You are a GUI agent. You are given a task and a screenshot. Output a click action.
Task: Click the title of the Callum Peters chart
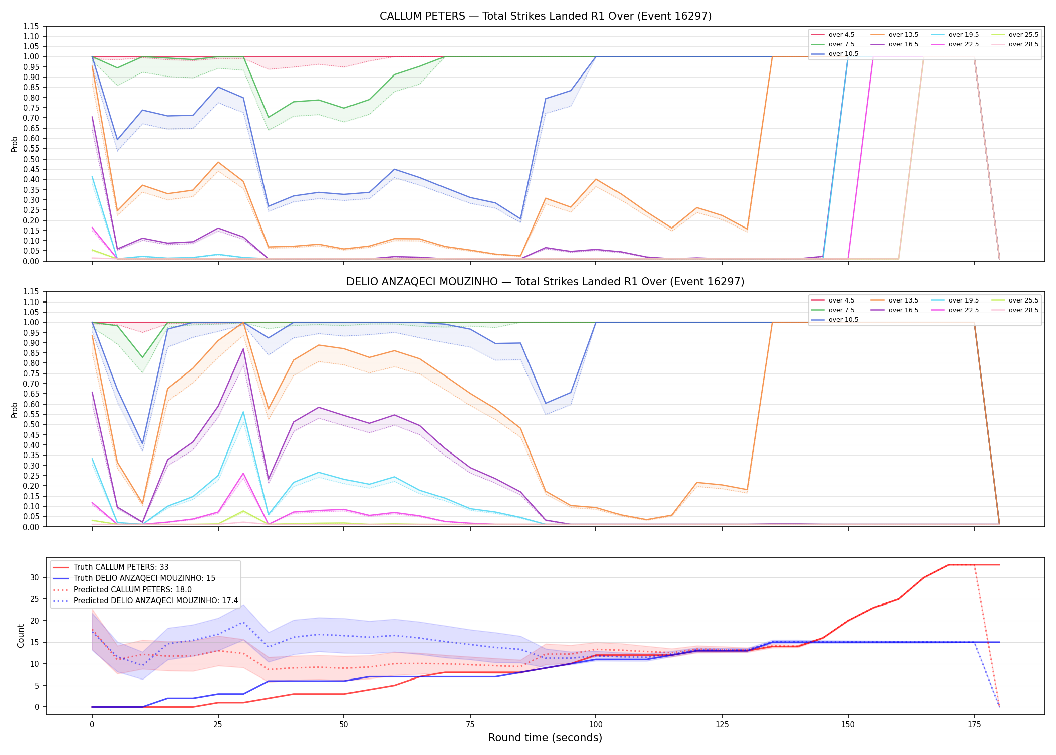(546, 16)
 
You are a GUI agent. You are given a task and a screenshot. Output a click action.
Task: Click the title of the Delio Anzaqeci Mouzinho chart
(546, 282)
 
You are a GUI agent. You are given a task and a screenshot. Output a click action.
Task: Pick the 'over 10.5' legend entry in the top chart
(834, 54)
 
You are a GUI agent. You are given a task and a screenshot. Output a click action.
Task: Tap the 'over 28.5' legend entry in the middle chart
(1014, 310)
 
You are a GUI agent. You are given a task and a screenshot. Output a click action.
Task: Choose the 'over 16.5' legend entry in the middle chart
(894, 310)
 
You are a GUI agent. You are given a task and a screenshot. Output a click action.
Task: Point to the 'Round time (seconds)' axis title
(545, 738)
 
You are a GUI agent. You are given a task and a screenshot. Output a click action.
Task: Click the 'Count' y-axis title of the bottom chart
(21, 636)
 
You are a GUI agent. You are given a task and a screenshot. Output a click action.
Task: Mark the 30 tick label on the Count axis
(35, 577)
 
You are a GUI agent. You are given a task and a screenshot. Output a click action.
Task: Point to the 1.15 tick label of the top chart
(31, 26)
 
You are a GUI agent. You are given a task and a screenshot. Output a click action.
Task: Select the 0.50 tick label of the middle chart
(31, 424)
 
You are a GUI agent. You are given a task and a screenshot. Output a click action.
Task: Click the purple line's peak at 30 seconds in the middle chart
(243, 349)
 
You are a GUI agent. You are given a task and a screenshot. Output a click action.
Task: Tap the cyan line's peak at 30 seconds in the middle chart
(243, 412)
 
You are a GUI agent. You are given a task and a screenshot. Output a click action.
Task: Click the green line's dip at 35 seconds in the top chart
(269, 117)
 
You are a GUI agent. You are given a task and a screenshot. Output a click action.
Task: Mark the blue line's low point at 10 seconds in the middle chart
(142, 444)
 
